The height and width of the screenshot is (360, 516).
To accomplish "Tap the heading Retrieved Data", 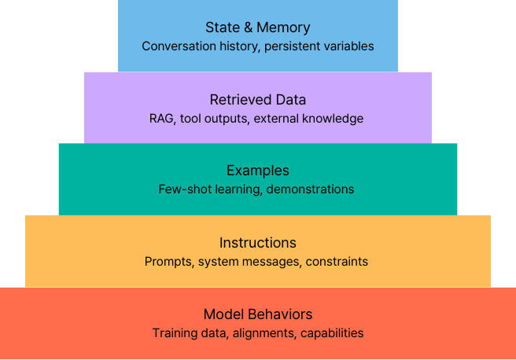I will click(258, 100).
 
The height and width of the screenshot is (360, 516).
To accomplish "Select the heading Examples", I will click(258, 170).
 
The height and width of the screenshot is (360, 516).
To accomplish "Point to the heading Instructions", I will click(258, 242).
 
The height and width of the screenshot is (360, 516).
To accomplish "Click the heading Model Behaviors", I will click(258, 314).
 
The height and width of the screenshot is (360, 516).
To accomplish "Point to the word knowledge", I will click(335, 119).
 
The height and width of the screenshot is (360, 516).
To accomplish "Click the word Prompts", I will click(168, 261).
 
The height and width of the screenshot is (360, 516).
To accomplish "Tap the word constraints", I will click(337, 261).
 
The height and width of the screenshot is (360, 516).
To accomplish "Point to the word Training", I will click(175, 332).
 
